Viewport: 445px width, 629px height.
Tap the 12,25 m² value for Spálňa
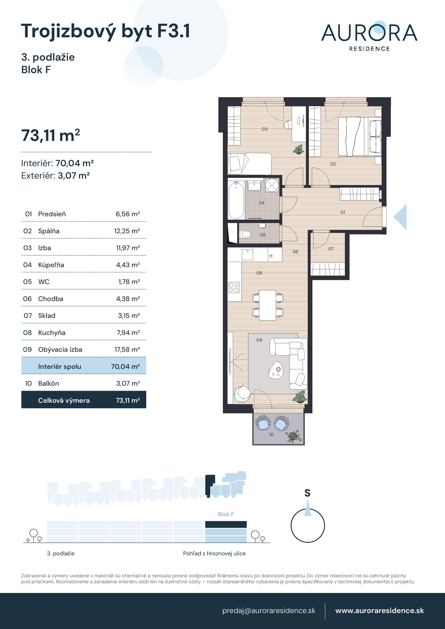[x=127, y=231]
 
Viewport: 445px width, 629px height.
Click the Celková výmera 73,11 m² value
[x=128, y=401]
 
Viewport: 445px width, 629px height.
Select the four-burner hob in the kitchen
[x=234, y=287]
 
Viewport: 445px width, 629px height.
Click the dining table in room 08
[x=268, y=305]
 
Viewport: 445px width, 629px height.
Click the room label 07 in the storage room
[x=331, y=249]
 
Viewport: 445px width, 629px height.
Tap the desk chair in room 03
[x=288, y=125]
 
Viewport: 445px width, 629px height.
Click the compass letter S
[x=307, y=493]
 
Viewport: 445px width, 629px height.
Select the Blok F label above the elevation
[x=226, y=514]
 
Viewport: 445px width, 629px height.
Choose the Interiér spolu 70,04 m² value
[x=125, y=366]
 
